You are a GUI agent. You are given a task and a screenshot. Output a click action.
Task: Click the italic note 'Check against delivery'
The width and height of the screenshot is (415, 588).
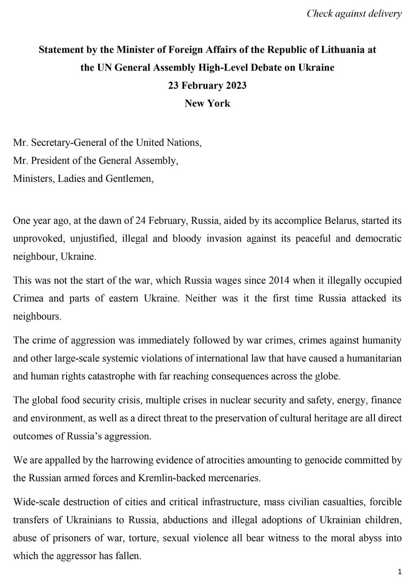point(354,14)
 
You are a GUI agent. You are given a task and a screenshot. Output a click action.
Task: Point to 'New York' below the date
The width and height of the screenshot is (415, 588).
point(207,104)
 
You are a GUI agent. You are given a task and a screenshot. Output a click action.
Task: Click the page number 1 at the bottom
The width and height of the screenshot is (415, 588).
point(400,571)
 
